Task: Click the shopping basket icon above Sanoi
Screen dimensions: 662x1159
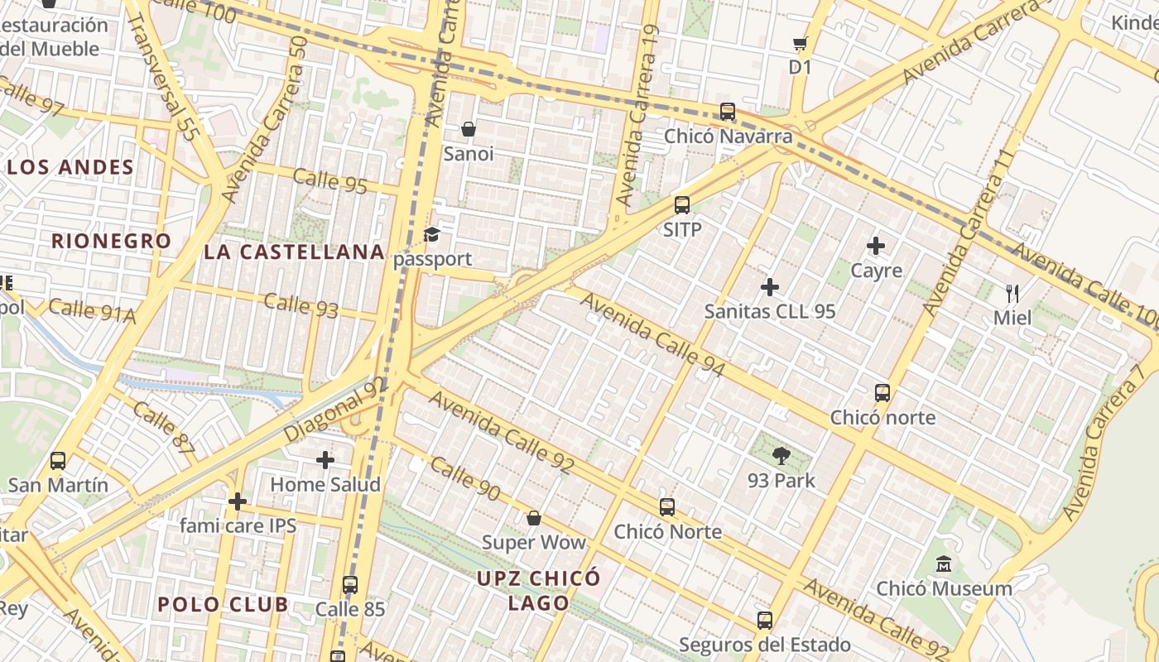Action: (x=469, y=129)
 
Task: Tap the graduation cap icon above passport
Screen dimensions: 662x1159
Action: (x=431, y=235)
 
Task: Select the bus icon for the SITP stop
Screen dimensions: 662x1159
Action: (x=682, y=205)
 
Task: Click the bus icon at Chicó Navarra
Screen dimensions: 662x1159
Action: (x=728, y=111)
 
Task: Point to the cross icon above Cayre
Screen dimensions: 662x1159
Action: (x=876, y=246)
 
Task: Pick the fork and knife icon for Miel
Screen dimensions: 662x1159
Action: (x=1012, y=293)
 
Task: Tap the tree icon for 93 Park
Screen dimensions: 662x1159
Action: (x=781, y=455)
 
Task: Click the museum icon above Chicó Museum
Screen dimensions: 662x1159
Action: (x=943, y=564)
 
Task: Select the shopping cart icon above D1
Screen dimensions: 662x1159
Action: (x=800, y=43)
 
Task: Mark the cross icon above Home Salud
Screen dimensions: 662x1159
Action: (x=325, y=459)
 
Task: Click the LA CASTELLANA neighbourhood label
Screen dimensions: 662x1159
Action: (x=294, y=252)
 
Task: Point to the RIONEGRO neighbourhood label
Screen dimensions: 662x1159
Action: (x=112, y=242)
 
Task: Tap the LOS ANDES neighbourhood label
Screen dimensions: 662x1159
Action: (x=70, y=167)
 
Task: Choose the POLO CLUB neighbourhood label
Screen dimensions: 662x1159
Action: (x=223, y=604)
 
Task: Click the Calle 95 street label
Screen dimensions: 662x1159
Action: (x=329, y=181)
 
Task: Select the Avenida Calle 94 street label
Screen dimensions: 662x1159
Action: (x=652, y=334)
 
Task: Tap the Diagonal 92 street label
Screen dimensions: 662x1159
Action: (x=335, y=410)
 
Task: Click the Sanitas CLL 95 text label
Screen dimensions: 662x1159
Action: (x=769, y=312)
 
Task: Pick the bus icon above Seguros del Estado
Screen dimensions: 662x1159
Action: (x=765, y=620)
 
